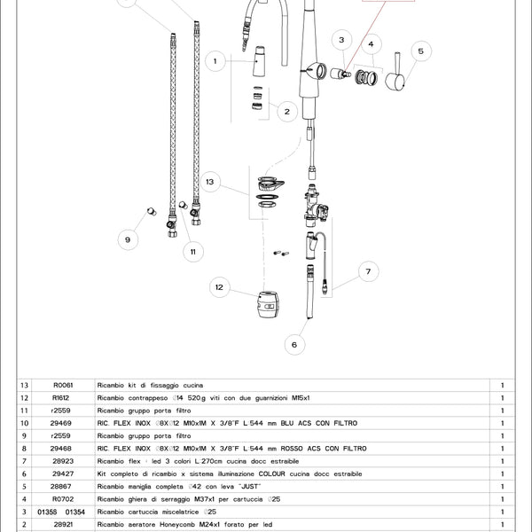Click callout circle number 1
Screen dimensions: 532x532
click(x=215, y=61)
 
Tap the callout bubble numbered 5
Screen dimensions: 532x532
click(x=421, y=51)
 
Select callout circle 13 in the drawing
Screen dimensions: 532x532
click(x=209, y=181)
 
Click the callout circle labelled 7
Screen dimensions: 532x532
click(x=367, y=271)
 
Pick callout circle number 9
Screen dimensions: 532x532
click(x=127, y=239)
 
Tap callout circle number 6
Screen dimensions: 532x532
click(x=293, y=344)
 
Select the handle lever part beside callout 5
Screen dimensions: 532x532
click(x=395, y=77)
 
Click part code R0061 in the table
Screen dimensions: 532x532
click(x=62, y=386)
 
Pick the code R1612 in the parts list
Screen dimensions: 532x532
click(x=62, y=398)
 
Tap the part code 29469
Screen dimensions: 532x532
click(x=62, y=424)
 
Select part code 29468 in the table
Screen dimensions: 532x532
click(x=62, y=449)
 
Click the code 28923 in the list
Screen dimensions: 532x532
click(x=62, y=462)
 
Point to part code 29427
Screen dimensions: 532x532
click(x=62, y=474)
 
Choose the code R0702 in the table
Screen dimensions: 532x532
click(x=62, y=500)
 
